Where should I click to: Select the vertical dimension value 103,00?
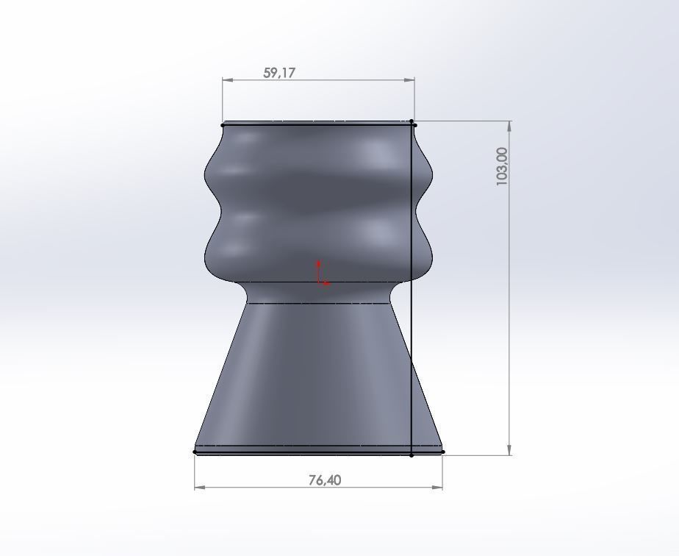point(502,166)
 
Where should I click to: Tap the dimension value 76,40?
point(324,480)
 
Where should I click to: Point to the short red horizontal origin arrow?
point(324,283)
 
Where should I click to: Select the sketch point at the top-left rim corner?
point(223,125)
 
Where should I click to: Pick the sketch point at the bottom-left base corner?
point(195,452)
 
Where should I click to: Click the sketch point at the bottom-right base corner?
point(443,452)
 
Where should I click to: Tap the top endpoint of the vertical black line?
point(412,121)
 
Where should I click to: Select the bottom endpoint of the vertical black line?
point(412,455)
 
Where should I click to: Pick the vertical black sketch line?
point(412,331)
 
